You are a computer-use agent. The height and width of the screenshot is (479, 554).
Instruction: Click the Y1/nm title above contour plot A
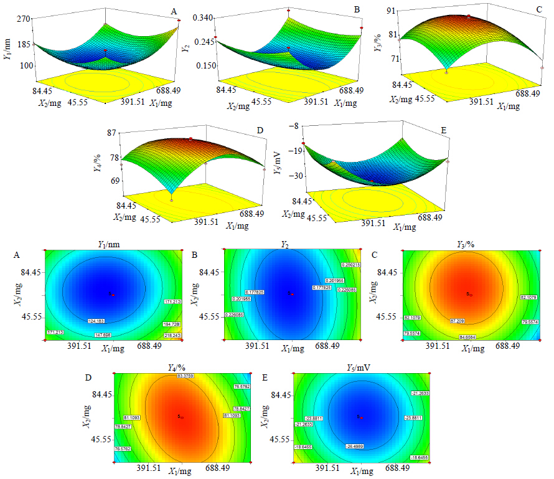click(113, 245)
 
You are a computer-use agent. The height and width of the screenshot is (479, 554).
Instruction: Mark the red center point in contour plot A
click(112, 295)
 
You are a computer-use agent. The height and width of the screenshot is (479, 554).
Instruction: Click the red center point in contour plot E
click(360, 417)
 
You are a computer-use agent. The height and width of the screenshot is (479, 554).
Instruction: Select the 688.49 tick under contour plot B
click(328, 345)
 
